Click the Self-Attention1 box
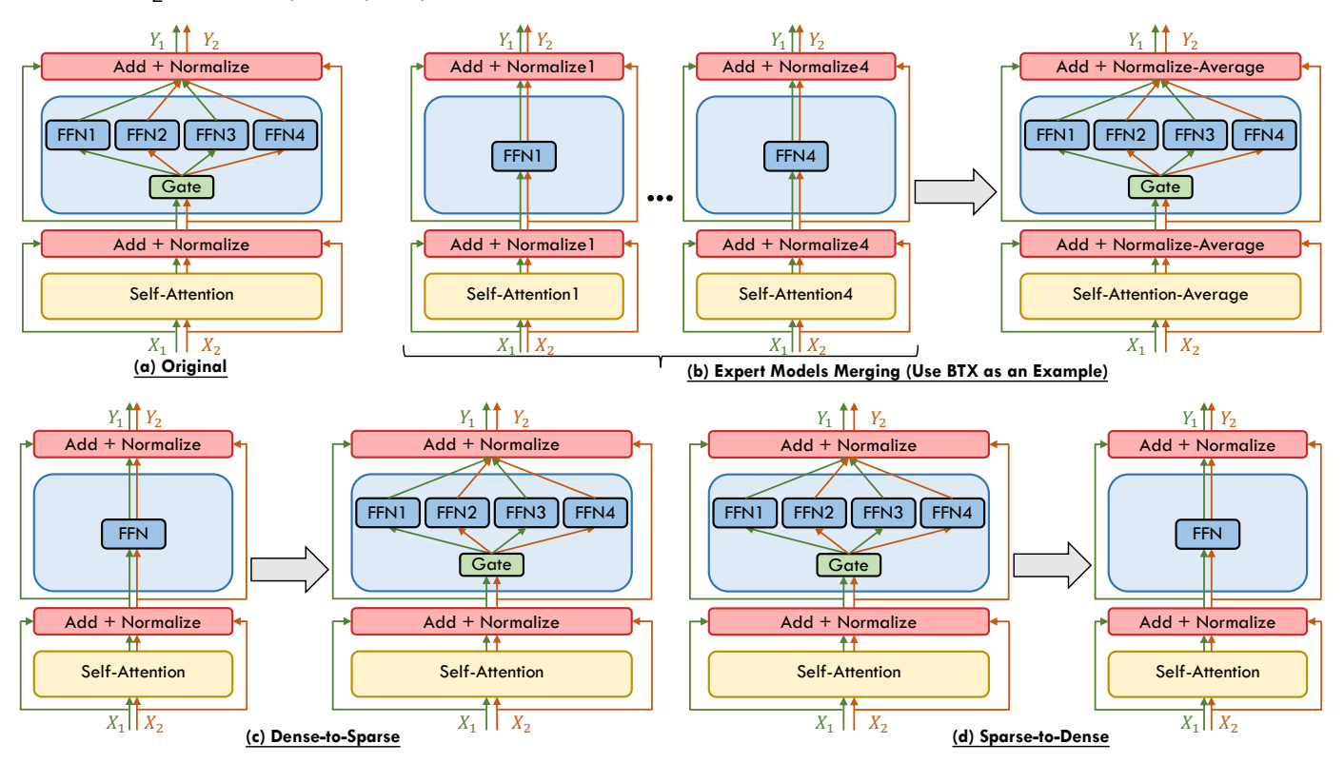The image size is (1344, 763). tap(523, 295)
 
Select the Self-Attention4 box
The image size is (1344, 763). tap(796, 295)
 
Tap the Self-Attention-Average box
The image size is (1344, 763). tap(1159, 295)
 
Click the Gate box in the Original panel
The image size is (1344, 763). tap(182, 187)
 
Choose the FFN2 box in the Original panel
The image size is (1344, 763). tap(148, 135)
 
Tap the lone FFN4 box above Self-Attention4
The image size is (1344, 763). tap(796, 156)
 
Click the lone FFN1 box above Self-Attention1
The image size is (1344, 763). tap(523, 156)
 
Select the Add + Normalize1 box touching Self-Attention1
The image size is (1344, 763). tap(523, 245)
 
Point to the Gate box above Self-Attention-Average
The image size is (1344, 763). tap(1160, 187)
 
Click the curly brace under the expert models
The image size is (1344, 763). tap(660, 355)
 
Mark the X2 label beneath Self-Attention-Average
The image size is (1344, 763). tap(1189, 346)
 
